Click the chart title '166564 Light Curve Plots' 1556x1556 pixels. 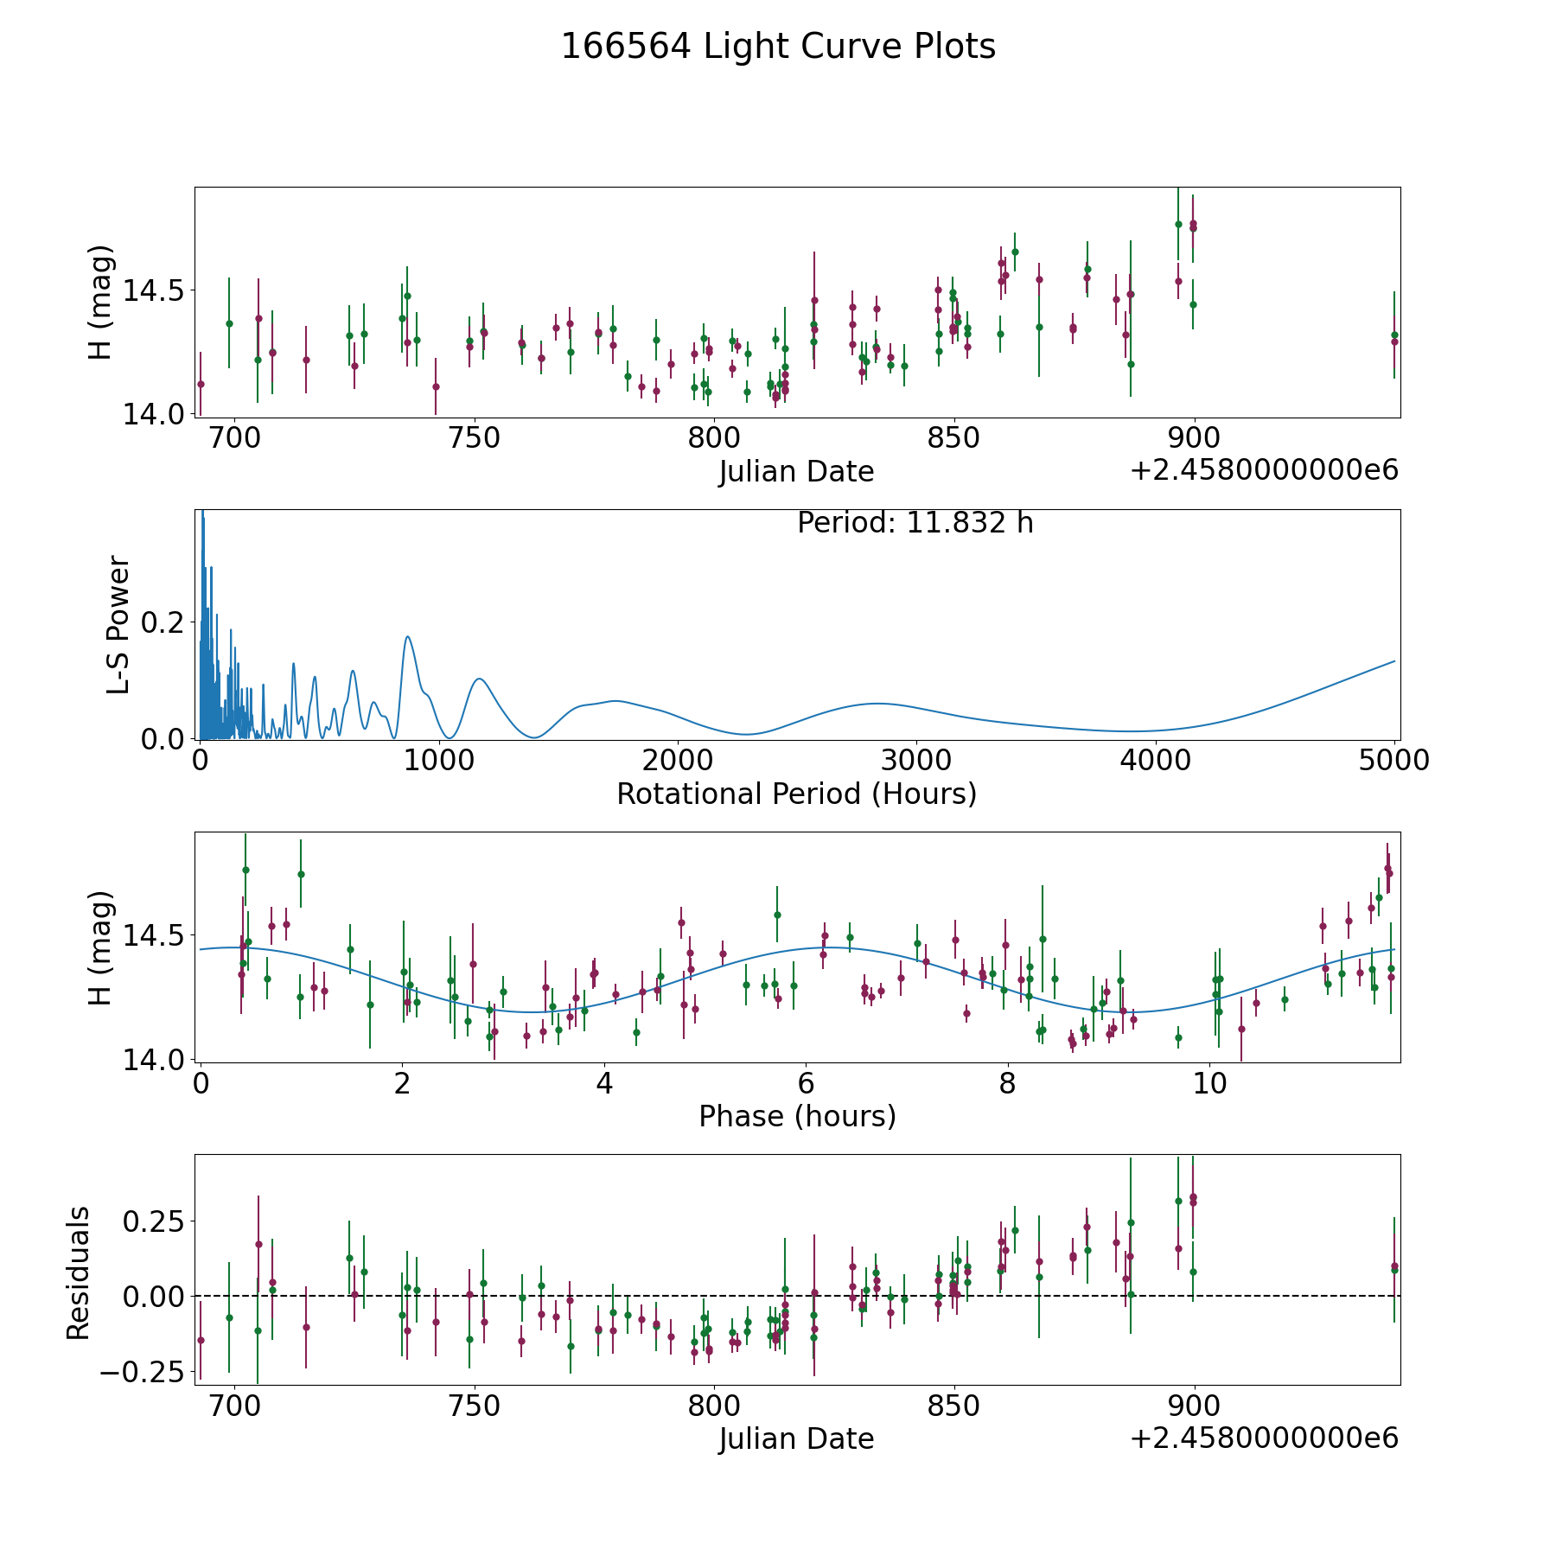[778, 47]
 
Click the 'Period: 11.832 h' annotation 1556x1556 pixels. [915, 523]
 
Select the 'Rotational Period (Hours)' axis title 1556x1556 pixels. [796, 794]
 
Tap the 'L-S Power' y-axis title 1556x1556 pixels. [118, 624]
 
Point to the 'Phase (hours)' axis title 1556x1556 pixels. [796, 1116]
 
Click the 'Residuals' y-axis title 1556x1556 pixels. [79, 1272]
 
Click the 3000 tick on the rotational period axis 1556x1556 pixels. [915, 761]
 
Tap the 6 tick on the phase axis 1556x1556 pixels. [806, 1083]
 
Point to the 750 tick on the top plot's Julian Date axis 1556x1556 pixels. [475, 438]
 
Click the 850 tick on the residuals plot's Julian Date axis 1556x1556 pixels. [953, 1406]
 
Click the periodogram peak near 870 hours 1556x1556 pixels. [407, 637]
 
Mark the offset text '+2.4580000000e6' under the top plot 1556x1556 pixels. [1263, 470]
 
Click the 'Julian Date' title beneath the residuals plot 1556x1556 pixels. [796, 1438]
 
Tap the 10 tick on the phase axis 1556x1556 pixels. [1209, 1083]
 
